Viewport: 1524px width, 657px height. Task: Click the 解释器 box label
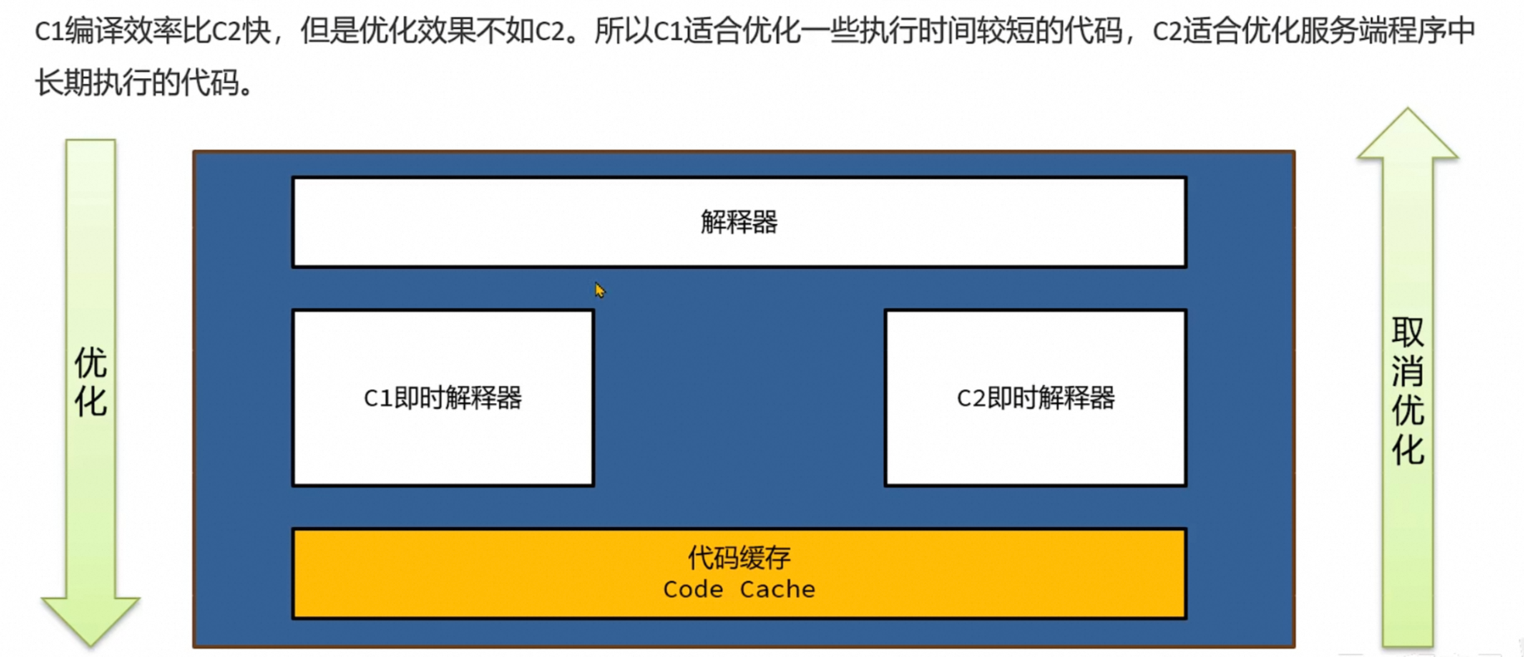[739, 222]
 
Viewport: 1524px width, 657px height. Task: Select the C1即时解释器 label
[442, 398]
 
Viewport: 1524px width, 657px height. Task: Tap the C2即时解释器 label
[1035, 398]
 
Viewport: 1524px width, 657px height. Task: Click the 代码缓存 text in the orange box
[739, 557]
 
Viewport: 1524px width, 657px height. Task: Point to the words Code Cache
[739, 589]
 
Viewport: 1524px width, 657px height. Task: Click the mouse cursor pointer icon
[599, 290]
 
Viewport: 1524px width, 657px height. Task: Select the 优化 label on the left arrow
[90, 382]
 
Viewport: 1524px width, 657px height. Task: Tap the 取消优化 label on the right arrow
[1408, 391]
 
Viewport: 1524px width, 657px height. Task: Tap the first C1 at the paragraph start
[49, 32]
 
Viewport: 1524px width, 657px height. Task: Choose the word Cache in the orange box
[777, 589]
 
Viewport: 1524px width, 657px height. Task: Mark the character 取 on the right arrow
[1408, 332]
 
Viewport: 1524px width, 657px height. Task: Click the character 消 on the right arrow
[1408, 371]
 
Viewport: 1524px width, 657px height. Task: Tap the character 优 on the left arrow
[90, 363]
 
